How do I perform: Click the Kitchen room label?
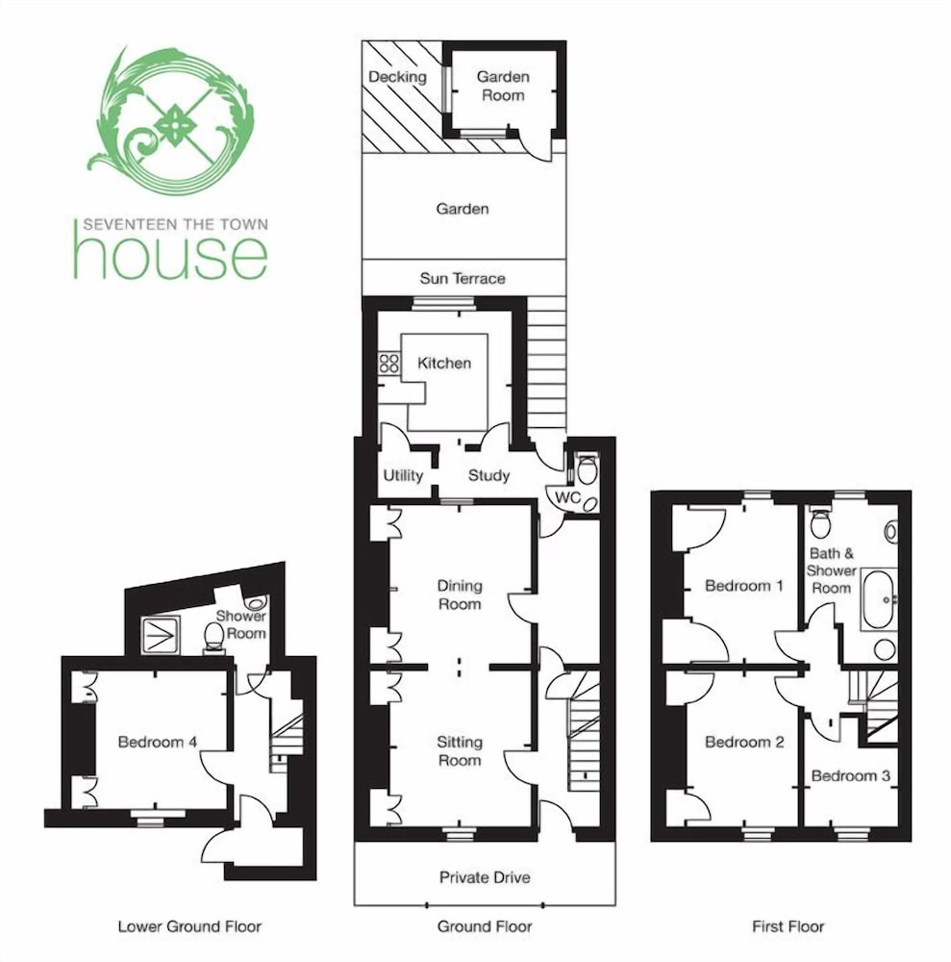444,364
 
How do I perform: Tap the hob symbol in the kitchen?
388,363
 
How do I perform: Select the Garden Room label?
503,86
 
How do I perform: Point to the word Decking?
397,77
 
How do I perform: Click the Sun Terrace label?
463,279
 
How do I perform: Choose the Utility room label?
403,475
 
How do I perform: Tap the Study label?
488,475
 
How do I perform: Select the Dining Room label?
460,595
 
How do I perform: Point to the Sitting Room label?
460,751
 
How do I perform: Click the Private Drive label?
485,877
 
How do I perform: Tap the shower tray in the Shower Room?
161,636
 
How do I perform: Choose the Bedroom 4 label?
157,743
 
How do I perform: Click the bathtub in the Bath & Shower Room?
879,600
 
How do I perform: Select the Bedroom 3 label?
850,776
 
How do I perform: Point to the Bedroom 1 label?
743,586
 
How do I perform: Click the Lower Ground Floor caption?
189,926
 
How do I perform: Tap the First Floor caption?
788,926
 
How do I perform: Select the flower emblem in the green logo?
175,123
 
